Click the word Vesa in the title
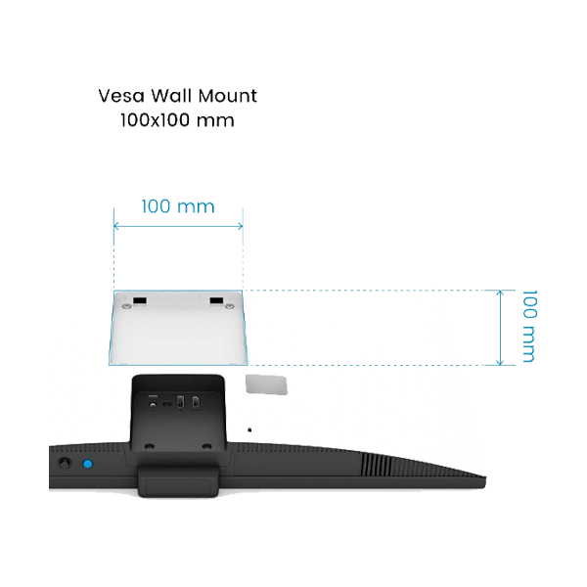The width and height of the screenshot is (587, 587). (x=121, y=96)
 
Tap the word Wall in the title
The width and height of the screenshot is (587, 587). (x=170, y=96)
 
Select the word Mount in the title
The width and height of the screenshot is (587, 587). (x=227, y=96)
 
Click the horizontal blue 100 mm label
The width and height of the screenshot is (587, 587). (x=178, y=206)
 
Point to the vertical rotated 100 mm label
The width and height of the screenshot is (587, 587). (x=529, y=326)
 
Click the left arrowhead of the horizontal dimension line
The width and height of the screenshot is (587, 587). (x=115, y=226)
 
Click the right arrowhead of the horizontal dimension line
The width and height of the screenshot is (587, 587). (x=241, y=226)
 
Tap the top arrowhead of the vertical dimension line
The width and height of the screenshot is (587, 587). (x=500, y=292)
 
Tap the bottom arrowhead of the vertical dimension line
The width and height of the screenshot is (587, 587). (x=500, y=362)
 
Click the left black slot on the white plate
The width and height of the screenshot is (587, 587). (x=140, y=300)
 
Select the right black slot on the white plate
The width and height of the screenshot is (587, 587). (x=216, y=300)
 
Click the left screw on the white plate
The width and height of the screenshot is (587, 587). (x=126, y=306)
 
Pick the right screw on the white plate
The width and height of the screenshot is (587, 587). (x=229, y=306)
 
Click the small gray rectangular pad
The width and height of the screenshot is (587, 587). (x=266, y=384)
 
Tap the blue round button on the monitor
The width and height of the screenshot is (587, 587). (x=88, y=464)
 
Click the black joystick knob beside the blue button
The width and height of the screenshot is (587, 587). (x=66, y=463)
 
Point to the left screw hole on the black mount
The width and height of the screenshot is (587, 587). (x=150, y=446)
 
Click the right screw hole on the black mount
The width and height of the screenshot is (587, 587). (x=206, y=446)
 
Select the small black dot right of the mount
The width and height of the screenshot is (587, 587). (x=249, y=429)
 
